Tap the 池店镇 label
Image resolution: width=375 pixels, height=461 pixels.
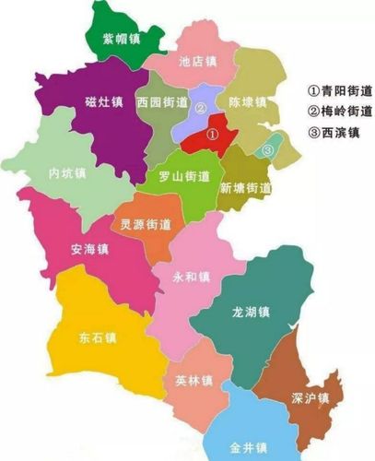(x=197, y=62)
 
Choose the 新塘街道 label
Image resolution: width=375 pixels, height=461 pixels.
(x=245, y=188)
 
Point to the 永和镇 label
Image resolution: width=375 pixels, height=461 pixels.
(x=191, y=277)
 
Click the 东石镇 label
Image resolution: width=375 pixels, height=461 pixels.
(x=98, y=337)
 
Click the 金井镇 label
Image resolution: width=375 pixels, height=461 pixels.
(x=249, y=447)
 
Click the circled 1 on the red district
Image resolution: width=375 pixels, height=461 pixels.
(x=212, y=134)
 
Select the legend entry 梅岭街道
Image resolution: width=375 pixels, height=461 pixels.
(x=340, y=112)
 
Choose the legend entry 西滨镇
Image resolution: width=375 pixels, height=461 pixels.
(x=334, y=132)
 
